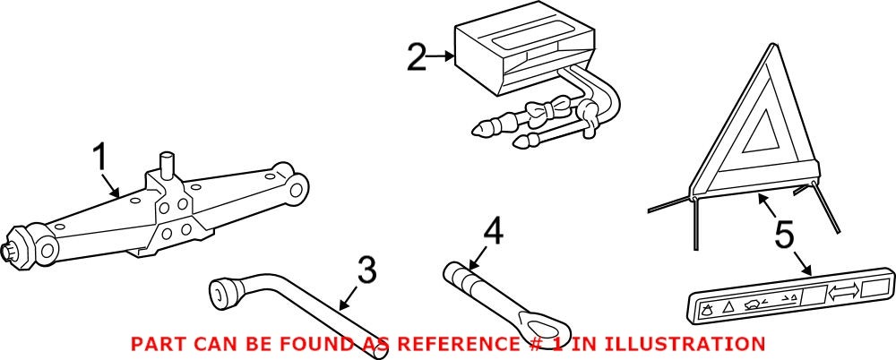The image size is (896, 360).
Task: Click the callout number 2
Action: click(417, 58)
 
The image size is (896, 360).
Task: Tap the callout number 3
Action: click(366, 270)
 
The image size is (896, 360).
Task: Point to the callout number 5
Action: click(784, 236)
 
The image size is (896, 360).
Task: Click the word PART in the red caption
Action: click(155, 343)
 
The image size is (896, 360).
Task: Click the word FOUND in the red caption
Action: click(316, 343)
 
